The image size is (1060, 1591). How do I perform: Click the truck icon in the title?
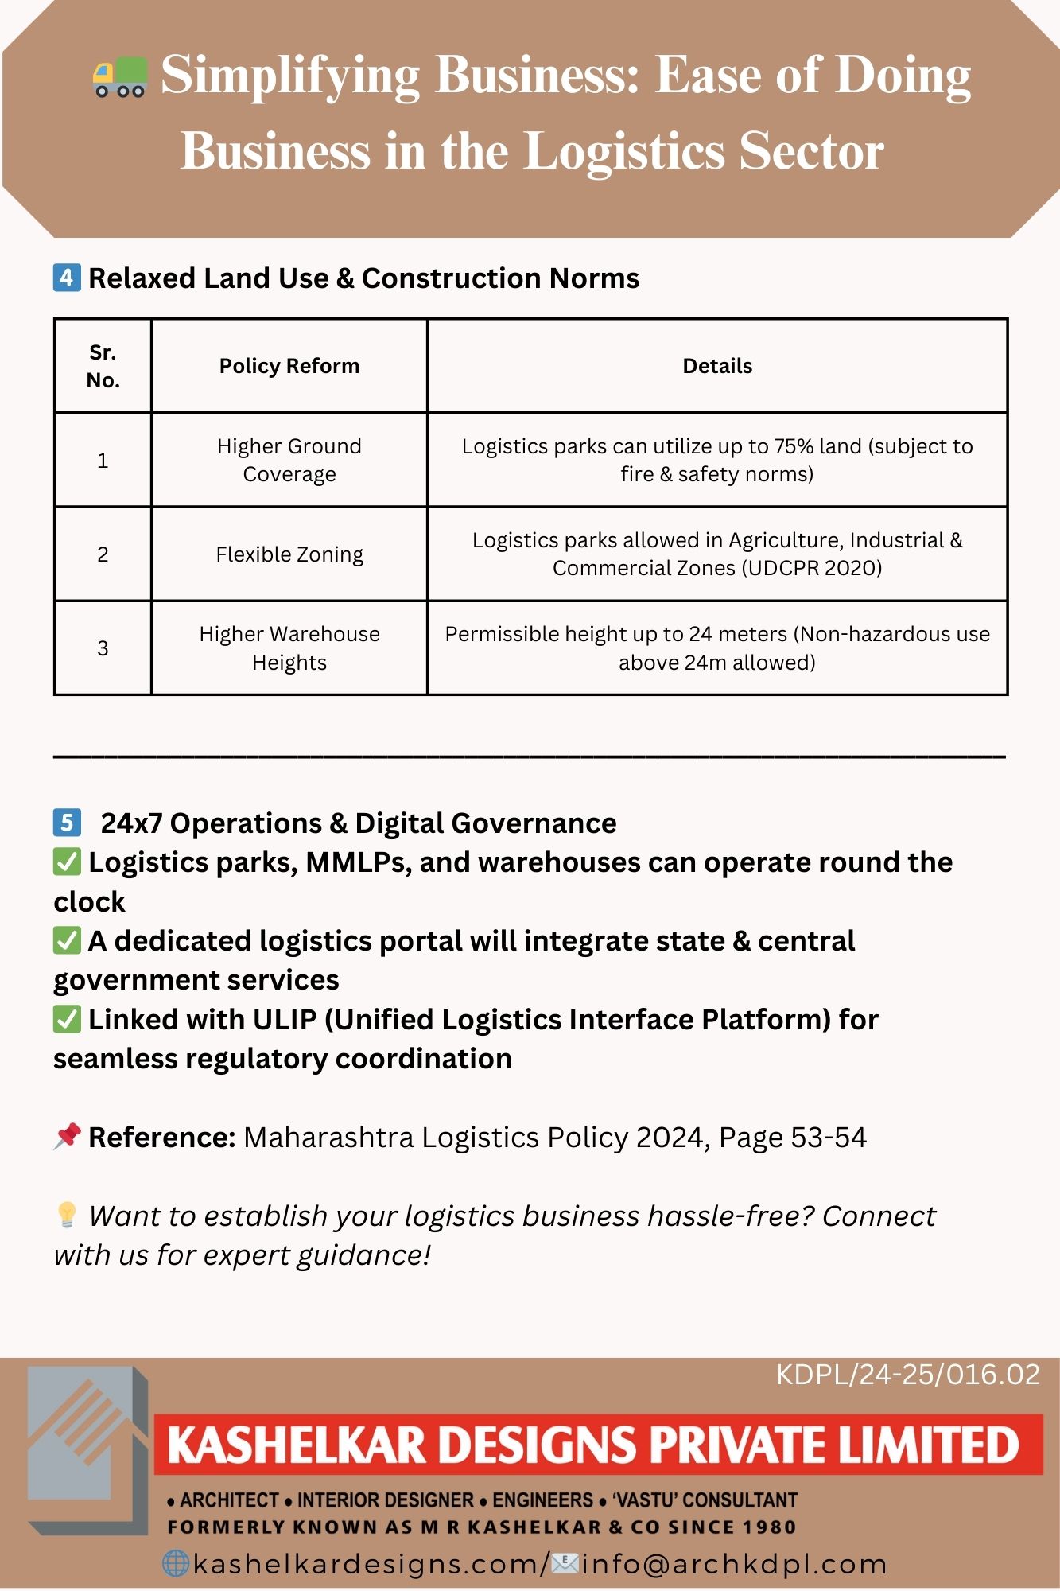point(120,77)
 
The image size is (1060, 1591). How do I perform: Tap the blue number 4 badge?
point(67,278)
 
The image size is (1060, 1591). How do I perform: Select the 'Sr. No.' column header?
point(103,366)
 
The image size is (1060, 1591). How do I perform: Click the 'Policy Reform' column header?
point(289,366)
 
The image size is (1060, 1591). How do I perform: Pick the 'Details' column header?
point(717,366)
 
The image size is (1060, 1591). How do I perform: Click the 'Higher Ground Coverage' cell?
point(289,460)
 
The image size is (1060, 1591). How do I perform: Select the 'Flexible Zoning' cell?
point(289,554)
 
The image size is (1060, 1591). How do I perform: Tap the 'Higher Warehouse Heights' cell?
point(289,648)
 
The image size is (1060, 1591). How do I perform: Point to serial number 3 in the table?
point(103,648)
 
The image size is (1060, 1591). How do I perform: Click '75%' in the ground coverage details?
point(794,446)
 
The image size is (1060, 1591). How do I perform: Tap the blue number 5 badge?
point(67,822)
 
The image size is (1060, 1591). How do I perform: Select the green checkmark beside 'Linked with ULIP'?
point(67,1019)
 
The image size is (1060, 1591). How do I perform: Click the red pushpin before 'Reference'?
point(67,1136)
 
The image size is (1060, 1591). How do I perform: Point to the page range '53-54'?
point(829,1138)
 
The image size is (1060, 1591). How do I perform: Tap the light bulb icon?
point(67,1215)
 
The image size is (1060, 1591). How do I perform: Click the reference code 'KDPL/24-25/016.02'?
point(907,1375)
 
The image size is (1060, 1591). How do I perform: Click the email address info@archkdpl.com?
point(734,1564)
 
